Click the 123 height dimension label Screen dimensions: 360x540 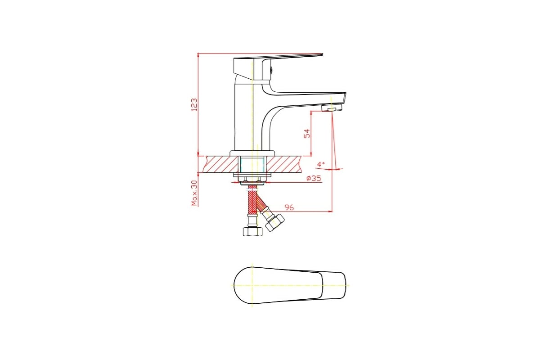click(x=194, y=104)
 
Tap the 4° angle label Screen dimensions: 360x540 click(x=320, y=164)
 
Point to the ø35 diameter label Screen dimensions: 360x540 click(x=313, y=178)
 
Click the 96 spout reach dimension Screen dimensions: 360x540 click(x=289, y=207)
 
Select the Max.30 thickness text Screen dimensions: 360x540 click(x=194, y=193)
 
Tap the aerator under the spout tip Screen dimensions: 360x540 click(x=332, y=109)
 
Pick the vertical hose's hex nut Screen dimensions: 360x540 click(x=252, y=231)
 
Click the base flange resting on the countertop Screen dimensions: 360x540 click(x=252, y=153)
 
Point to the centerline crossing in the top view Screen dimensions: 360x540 click(x=253, y=285)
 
